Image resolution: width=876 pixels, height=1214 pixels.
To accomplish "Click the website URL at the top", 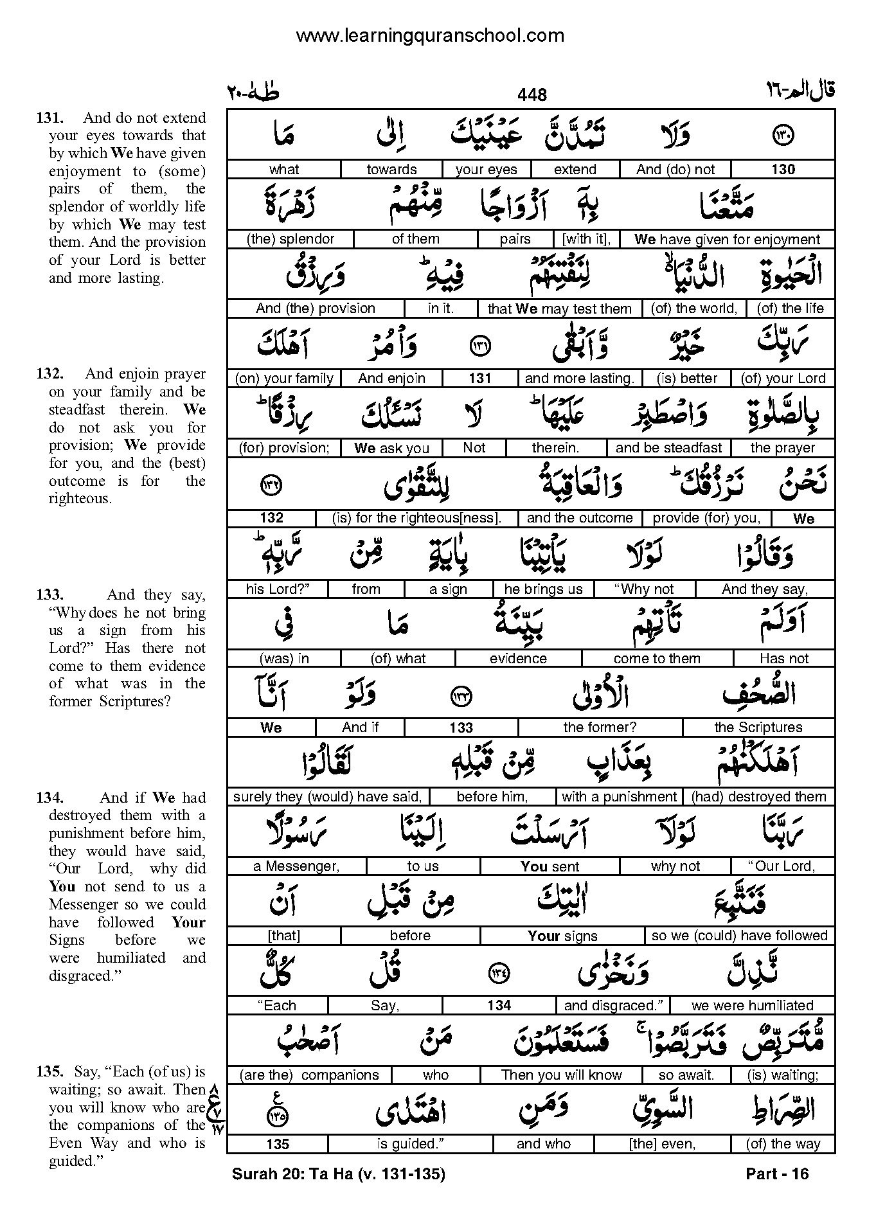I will tap(430, 35).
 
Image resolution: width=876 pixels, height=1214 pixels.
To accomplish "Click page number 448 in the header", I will tap(532, 95).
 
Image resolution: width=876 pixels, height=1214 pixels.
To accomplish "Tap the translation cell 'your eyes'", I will tap(487, 170).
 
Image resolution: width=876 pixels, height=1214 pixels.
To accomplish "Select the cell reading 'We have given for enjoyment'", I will tap(727, 240).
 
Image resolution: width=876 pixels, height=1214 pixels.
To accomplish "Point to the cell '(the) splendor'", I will tap(291, 239).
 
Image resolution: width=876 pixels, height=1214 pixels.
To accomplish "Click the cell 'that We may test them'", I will tap(559, 308).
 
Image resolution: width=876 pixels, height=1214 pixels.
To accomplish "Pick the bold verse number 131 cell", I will tap(479, 379).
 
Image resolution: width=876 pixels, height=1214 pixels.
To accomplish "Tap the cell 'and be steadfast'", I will tap(668, 448).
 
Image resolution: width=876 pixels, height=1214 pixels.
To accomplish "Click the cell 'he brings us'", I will tap(543, 589).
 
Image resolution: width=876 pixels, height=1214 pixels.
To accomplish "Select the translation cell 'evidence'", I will tap(518, 659).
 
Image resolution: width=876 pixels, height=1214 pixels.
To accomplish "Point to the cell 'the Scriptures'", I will tap(758, 728).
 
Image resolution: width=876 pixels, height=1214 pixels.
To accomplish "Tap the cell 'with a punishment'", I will tap(619, 797).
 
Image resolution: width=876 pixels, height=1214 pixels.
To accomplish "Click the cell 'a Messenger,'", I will tap(296, 866).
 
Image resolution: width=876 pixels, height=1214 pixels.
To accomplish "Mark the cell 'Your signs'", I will tap(562, 936).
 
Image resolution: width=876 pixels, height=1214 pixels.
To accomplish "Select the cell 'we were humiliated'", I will tap(752, 1006).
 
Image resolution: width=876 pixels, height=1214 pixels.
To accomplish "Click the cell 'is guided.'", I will tap(411, 1145).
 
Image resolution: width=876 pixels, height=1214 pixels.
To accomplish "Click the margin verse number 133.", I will tap(49, 594).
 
